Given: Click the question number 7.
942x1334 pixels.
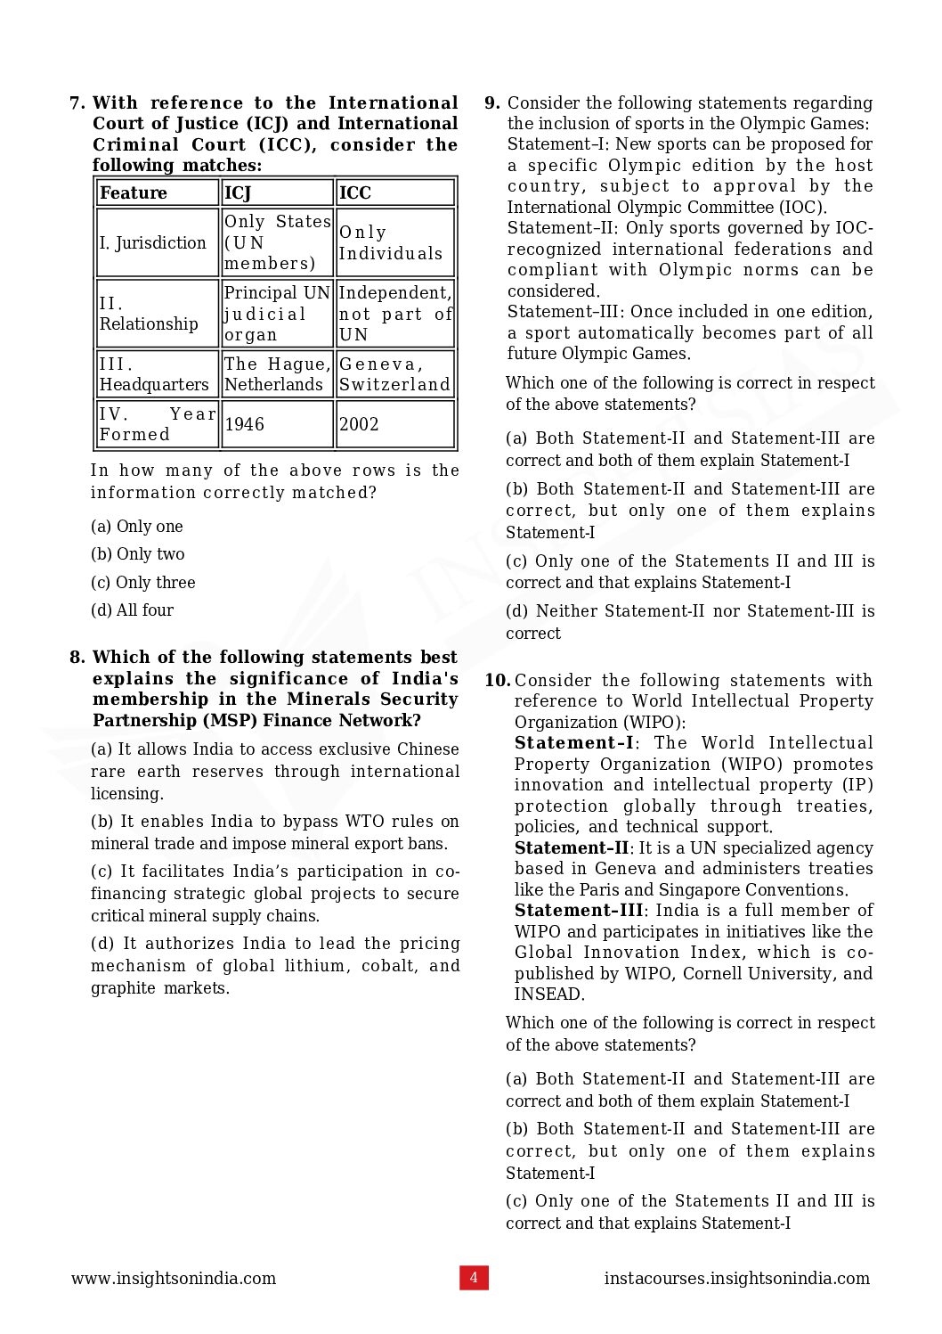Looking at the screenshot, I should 77,103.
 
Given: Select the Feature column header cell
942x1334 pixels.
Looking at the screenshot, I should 157,192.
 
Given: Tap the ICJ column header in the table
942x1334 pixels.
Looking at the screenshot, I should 276,192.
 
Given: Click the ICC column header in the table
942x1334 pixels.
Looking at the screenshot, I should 394,192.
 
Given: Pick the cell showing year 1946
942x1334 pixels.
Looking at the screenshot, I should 276,424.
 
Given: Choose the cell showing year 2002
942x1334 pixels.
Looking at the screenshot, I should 394,424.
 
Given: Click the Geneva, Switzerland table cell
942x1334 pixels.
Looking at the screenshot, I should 394,374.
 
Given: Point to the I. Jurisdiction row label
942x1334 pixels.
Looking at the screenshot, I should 157,242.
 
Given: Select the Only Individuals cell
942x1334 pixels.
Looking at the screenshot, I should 394,242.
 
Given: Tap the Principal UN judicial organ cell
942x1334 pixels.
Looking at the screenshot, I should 276,314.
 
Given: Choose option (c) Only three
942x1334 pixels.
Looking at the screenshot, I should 142,582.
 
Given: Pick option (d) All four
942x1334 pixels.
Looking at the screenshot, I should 132,610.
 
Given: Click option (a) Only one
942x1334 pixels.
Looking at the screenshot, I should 136,527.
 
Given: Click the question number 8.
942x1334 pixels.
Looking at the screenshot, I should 77,658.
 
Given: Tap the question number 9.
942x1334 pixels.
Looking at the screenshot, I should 491,103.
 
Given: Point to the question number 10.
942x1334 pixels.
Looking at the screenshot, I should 497,681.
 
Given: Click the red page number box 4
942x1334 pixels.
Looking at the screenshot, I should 474,1277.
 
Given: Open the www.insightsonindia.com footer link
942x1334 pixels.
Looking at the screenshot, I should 174,1278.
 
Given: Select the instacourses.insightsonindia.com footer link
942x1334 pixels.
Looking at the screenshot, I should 736,1278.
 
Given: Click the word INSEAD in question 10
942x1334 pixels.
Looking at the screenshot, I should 548,994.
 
